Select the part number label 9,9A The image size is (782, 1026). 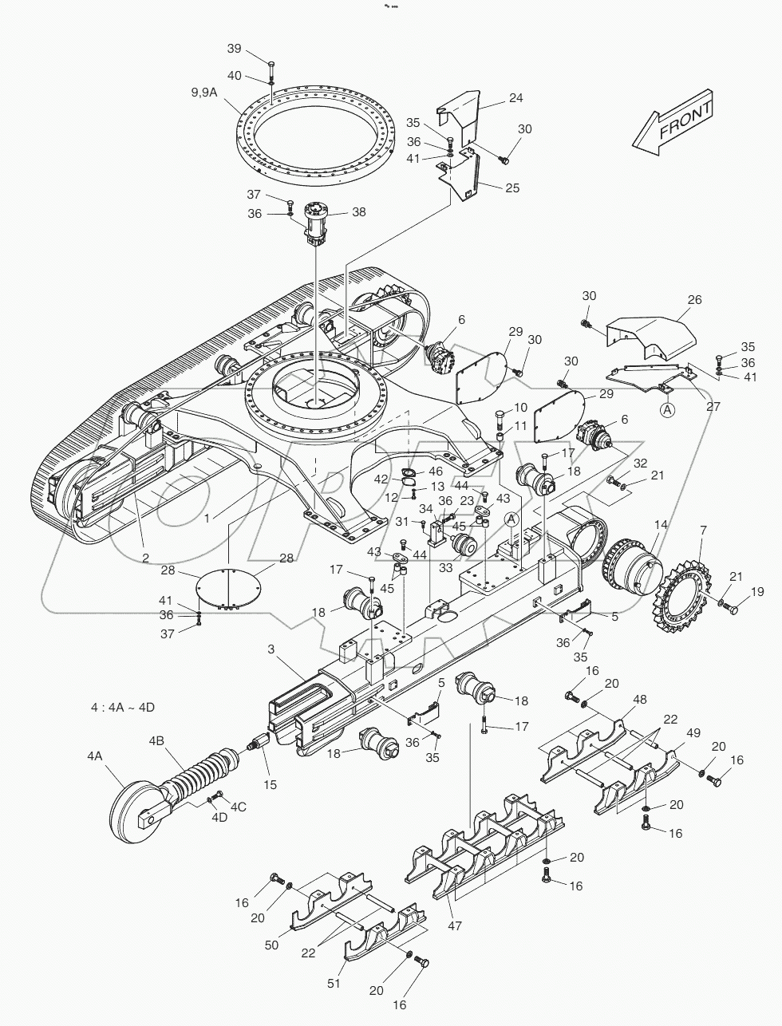point(203,93)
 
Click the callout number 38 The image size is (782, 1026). point(359,212)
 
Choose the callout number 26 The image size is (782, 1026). point(695,300)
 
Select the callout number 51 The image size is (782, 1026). point(333,984)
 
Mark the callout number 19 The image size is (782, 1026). point(756,591)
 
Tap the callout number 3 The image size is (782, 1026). point(271,649)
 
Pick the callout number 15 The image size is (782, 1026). point(271,784)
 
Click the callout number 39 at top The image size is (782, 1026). point(234,49)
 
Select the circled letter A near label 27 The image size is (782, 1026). point(667,410)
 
